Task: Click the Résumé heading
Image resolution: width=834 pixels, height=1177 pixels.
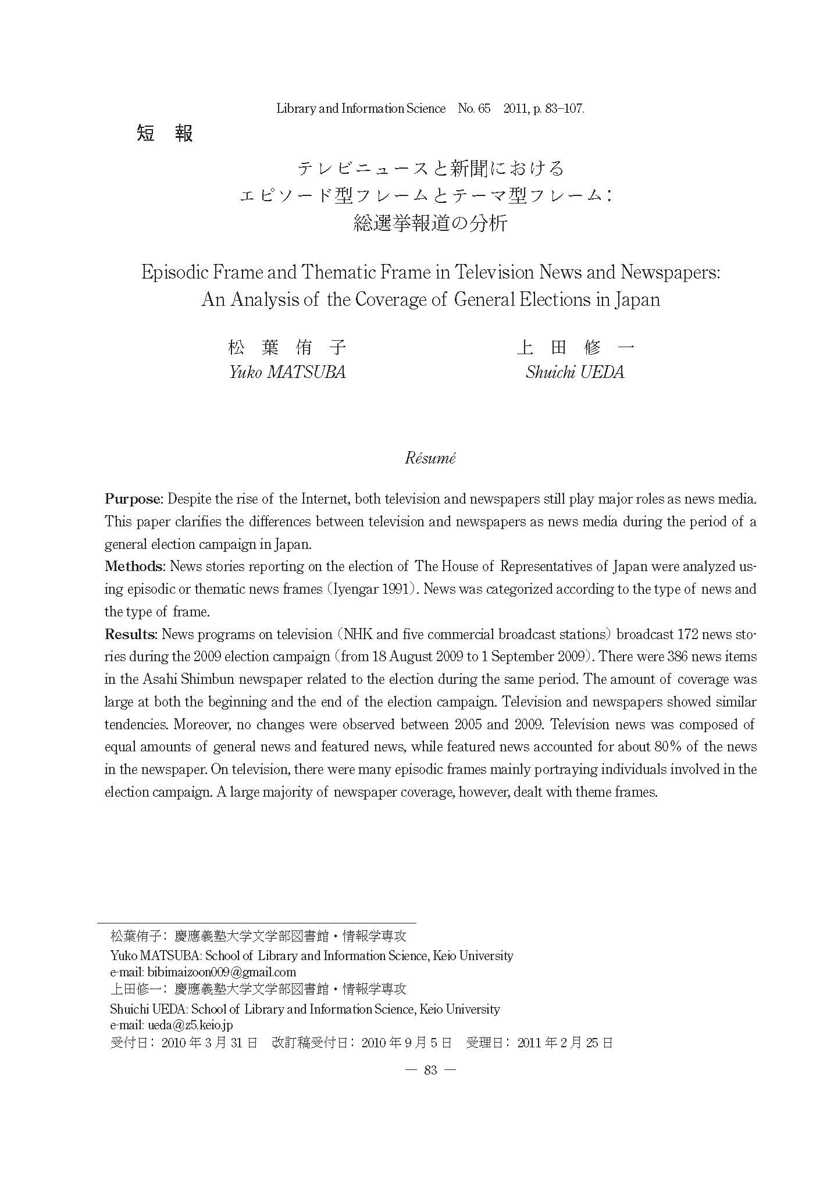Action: coord(430,458)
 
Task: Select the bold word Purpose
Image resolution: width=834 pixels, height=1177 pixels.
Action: coord(133,499)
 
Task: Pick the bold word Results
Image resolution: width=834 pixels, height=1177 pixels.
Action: coord(131,634)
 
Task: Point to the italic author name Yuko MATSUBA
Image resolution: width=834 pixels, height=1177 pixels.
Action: coord(287,372)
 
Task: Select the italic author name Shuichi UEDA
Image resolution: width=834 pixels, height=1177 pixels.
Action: coord(575,372)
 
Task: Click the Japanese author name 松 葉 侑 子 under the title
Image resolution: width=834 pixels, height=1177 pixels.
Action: coord(287,348)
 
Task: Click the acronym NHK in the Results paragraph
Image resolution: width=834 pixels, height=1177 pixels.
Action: coord(359,634)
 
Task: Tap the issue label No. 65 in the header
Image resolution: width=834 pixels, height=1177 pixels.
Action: coord(474,109)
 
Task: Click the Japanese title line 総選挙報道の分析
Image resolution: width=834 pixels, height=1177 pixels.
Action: coord(430,223)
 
